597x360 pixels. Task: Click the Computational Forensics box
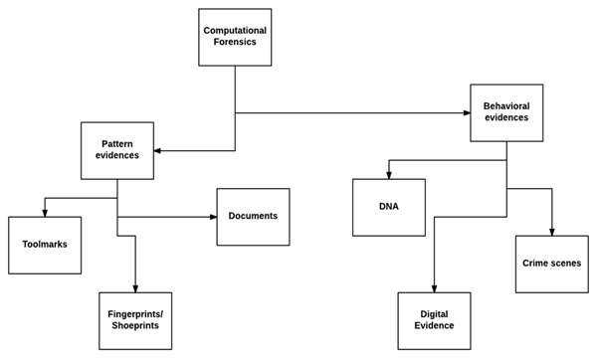[234, 37]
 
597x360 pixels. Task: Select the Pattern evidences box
[117, 149]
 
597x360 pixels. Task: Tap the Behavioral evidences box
[505, 111]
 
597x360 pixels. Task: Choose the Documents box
[253, 217]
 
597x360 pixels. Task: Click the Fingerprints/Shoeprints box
[135, 320]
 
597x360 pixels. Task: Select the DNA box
[388, 207]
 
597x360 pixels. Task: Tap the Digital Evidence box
[434, 320]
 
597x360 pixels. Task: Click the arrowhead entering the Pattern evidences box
[159, 150]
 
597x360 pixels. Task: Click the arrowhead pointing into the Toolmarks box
[44, 211]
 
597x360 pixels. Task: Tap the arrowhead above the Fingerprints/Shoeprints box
[135, 287]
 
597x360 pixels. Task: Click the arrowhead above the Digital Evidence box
[434, 287]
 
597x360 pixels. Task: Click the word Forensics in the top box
[234, 43]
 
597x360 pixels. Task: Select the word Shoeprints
[135, 326]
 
